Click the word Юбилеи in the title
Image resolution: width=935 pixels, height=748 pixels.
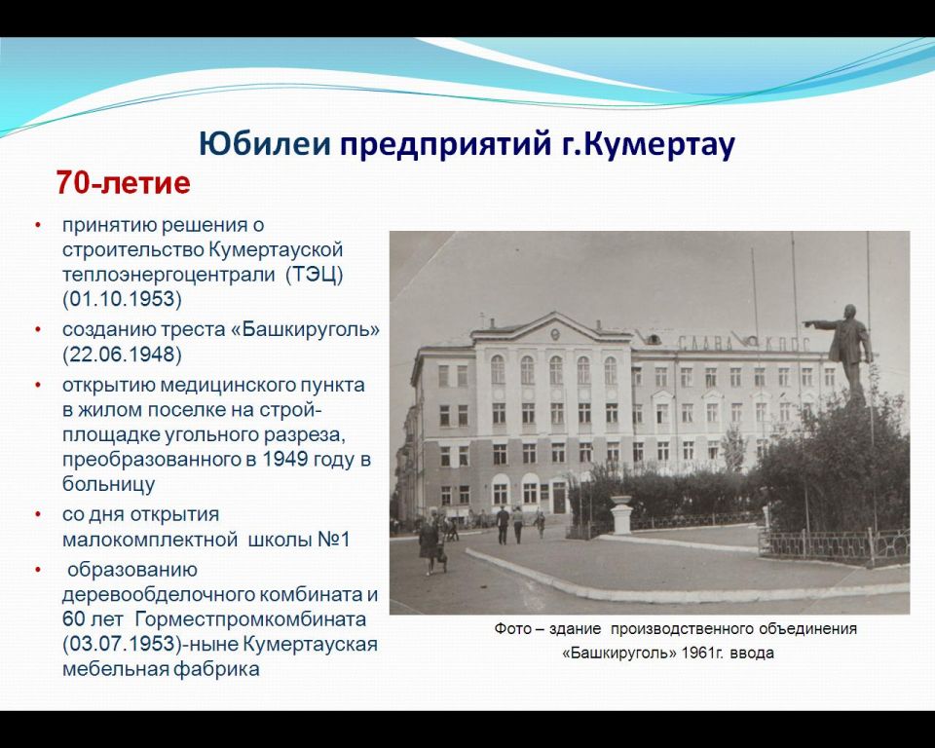click(x=264, y=144)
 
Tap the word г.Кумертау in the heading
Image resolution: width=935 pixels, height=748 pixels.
click(x=649, y=145)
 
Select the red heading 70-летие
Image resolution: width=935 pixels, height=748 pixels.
click(x=124, y=182)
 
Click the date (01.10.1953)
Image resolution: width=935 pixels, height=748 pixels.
click(x=123, y=298)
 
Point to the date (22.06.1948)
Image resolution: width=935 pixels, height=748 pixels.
click(x=123, y=355)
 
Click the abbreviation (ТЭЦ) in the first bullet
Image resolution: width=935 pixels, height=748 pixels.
click(x=315, y=275)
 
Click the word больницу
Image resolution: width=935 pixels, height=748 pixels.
click(x=108, y=484)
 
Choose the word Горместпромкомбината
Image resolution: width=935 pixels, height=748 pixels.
click(x=250, y=619)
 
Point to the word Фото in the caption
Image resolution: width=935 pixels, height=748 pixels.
click(x=512, y=629)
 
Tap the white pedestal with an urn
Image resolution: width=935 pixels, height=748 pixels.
click(x=621, y=514)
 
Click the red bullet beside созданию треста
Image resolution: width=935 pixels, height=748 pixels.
click(x=38, y=329)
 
